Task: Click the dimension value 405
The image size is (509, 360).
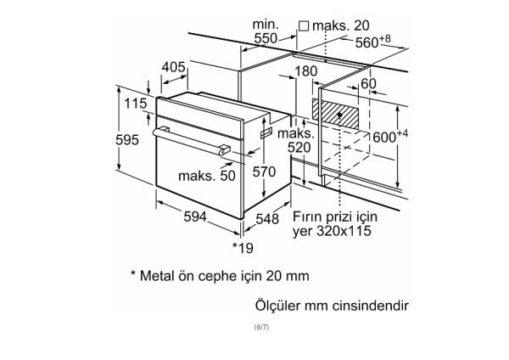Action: (x=174, y=66)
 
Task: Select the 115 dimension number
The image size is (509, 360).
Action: (x=133, y=104)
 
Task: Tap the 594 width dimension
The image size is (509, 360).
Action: (x=196, y=217)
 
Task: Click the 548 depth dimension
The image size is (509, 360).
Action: (x=268, y=218)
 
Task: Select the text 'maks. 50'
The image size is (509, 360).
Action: (x=206, y=176)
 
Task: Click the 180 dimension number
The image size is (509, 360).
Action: (x=305, y=71)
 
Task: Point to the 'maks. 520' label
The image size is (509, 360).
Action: (x=298, y=141)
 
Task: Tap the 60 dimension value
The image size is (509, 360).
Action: (x=369, y=83)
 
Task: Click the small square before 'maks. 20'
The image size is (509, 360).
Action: (x=303, y=25)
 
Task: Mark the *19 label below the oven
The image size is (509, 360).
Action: (x=243, y=248)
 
